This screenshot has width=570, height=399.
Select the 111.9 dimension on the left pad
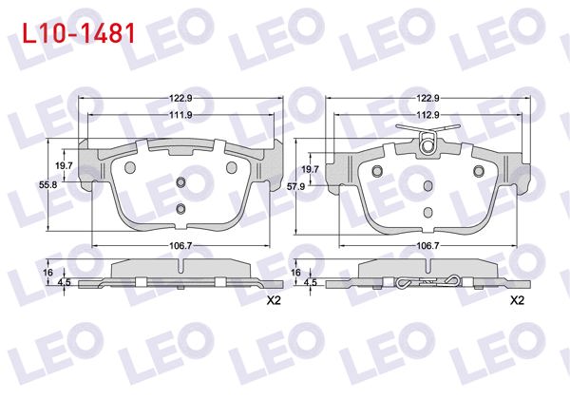pyautogui.click(x=182, y=115)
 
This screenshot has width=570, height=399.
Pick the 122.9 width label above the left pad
pyautogui.click(x=182, y=99)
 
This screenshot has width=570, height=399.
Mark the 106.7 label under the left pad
pyautogui.click(x=182, y=245)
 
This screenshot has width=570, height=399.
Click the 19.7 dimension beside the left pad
pyautogui.click(x=65, y=166)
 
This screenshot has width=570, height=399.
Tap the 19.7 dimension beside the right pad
pyautogui.click(x=310, y=169)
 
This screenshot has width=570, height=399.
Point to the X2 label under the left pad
pyautogui.click(x=274, y=301)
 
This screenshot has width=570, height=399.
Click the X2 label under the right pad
pyautogui.click(x=518, y=301)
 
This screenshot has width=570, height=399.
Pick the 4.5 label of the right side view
pyautogui.click(x=309, y=282)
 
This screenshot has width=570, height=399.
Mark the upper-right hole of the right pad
pyautogui.click(x=476, y=171)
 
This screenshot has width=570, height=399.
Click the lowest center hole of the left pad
pyautogui.click(x=180, y=209)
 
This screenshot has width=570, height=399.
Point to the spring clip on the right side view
pyautogui.click(x=410, y=282)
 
